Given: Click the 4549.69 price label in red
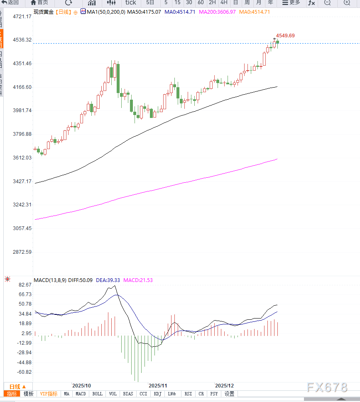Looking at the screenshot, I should pos(285,36).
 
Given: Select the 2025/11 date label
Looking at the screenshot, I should pos(158,386).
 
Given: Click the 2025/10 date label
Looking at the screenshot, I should pos(81,386).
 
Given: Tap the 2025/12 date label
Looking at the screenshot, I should pos(224,386).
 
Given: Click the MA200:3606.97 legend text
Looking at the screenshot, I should pos(217,12).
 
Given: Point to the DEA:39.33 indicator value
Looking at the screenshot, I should pos(108,281).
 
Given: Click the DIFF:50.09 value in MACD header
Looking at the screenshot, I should pos(81,281).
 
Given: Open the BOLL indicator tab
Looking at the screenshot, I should pos(97,394).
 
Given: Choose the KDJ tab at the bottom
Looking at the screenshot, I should pos(157,394).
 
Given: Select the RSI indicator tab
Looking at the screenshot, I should pos(188,394).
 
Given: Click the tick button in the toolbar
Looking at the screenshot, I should pos(130,2).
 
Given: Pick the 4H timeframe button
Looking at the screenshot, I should pos(224,2).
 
